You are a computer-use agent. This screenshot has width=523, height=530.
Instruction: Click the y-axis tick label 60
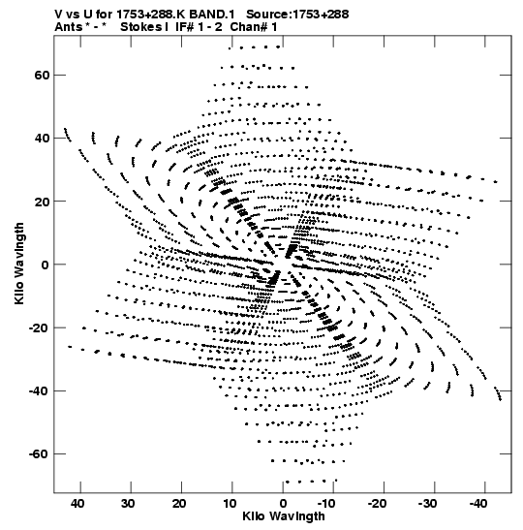(42, 75)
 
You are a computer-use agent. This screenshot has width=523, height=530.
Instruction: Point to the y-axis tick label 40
(42, 139)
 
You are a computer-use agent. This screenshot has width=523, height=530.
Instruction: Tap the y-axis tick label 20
(42, 202)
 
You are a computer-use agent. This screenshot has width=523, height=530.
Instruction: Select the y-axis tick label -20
(39, 327)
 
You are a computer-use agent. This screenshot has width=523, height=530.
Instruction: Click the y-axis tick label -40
(39, 391)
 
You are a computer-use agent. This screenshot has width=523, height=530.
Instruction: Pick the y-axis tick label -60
(39, 454)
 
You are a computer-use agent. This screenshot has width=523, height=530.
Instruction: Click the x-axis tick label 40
(77, 504)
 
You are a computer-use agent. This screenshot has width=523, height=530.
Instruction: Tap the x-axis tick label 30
(128, 504)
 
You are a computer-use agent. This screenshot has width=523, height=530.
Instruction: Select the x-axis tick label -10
(326, 504)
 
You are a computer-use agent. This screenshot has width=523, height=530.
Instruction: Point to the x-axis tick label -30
(427, 504)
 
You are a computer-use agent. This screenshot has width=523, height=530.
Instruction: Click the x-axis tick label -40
(478, 504)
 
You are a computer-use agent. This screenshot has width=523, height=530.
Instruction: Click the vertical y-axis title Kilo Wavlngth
(19, 264)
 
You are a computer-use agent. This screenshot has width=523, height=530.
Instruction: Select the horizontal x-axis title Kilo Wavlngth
(284, 516)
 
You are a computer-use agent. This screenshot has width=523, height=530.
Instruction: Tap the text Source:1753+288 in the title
(297, 15)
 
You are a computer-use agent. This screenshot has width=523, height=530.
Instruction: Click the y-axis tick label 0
(46, 265)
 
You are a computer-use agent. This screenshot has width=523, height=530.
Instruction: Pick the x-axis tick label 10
(230, 504)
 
